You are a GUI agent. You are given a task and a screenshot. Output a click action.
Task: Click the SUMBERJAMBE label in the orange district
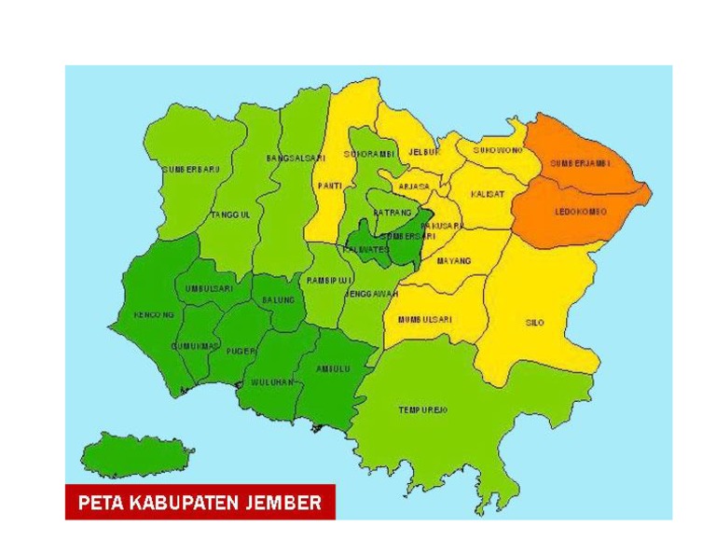(580, 162)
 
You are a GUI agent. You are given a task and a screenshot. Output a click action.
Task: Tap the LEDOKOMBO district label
(580, 212)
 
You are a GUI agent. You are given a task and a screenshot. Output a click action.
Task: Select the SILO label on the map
(534, 322)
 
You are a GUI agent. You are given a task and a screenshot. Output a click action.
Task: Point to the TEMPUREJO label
(423, 409)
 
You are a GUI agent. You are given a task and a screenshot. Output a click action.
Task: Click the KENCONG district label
(154, 315)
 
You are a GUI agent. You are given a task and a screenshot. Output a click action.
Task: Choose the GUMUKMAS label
(195, 346)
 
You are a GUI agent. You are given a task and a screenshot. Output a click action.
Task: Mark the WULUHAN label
(272, 382)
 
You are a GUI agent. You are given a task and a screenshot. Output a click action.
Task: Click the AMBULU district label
(333, 368)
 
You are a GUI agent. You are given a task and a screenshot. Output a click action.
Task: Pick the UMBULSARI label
(208, 289)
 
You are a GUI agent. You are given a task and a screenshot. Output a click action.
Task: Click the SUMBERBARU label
(191, 169)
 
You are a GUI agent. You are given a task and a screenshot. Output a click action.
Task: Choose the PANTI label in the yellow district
(329, 186)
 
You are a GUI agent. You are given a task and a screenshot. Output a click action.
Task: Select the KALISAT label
(488, 194)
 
